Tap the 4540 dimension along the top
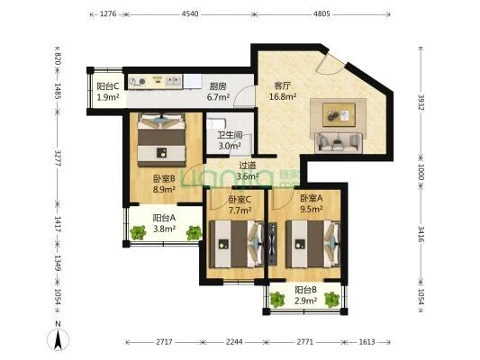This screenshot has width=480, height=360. pyautogui.click(x=190, y=13)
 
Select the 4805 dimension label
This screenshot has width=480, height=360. pyautogui.click(x=322, y=13)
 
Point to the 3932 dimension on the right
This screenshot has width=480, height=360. pyautogui.click(x=421, y=103)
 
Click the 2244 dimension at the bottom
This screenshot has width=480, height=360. pyautogui.click(x=234, y=342)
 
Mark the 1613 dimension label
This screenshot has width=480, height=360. pyautogui.click(x=367, y=342)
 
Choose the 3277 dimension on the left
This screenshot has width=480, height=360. pyautogui.click(x=57, y=157)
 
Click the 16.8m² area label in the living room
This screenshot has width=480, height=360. pyautogui.click(x=283, y=96)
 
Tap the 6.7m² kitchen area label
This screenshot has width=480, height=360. pyautogui.click(x=218, y=97)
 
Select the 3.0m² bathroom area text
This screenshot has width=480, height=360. pyautogui.click(x=230, y=146)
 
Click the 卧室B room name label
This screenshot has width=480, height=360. pyautogui.click(x=164, y=178)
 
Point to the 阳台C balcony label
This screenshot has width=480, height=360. pyautogui.click(x=108, y=86)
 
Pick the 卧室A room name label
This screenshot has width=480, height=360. pyautogui.click(x=311, y=198)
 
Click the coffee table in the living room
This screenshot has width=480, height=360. pyautogui.click(x=339, y=114)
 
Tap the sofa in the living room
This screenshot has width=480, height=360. pyautogui.click(x=339, y=142)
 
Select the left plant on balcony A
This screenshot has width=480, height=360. pyautogui.click(x=138, y=232)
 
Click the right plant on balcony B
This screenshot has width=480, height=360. pyautogui.click(x=332, y=300)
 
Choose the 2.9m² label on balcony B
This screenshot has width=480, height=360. pyautogui.click(x=305, y=301)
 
